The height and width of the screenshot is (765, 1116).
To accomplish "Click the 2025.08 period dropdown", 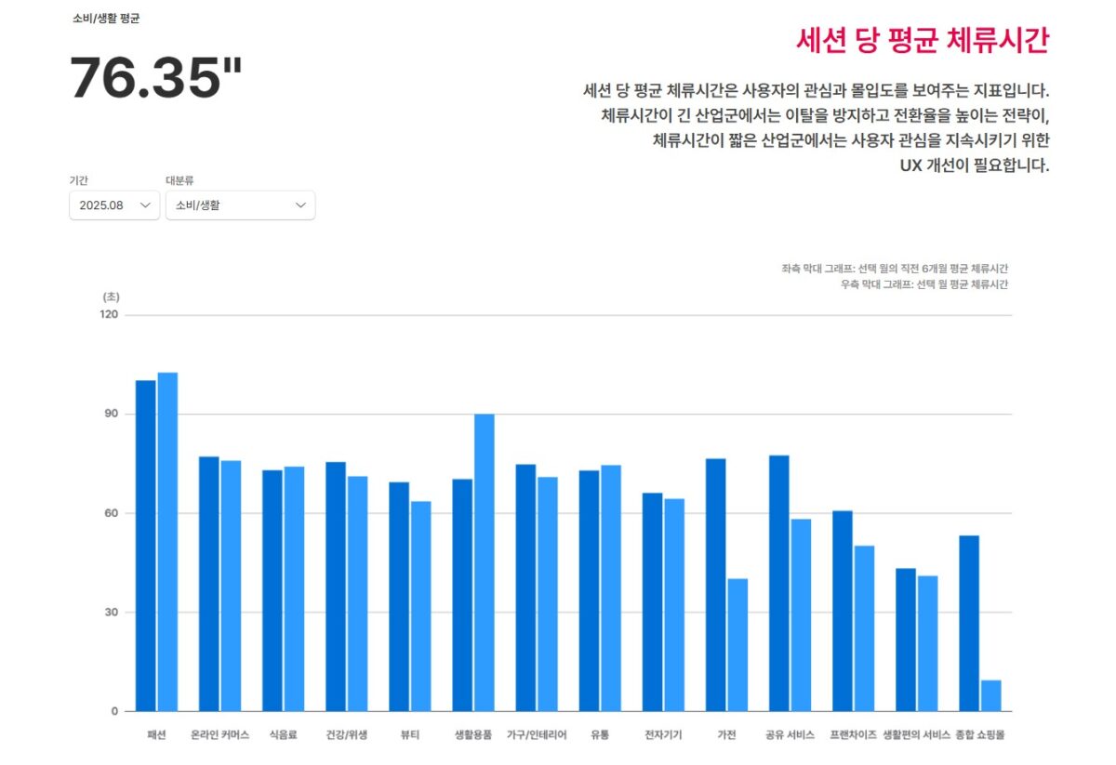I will tap(114, 205).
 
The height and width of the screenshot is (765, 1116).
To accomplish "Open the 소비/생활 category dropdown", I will tap(240, 205).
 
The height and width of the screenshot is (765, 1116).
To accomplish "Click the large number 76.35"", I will tap(155, 78).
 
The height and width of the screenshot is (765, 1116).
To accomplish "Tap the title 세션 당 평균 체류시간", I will tap(923, 41).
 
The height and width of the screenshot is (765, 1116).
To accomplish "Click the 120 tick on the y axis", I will tap(110, 314).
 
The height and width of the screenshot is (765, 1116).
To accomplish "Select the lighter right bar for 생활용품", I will tap(485, 562).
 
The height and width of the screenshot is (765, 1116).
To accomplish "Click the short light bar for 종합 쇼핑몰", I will tap(991, 695).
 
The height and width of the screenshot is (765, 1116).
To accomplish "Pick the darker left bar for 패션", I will tap(146, 546).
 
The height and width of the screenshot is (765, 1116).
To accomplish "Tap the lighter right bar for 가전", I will tap(737, 644).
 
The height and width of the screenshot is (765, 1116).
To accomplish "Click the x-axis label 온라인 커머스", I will tap(219, 734).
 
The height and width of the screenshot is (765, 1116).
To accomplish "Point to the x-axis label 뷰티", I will tap(410, 734).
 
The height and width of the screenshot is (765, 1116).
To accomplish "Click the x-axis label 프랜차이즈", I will tap(853, 734).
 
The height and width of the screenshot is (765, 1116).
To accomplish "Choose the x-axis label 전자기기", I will tap(663, 734).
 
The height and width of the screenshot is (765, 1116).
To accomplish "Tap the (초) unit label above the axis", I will tap(111, 297).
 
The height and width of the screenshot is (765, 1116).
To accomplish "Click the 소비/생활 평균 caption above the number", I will tap(106, 19).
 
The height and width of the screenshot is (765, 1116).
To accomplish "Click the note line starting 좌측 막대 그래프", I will tap(895, 268).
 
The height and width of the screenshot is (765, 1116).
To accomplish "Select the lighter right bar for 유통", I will tap(611, 587).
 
